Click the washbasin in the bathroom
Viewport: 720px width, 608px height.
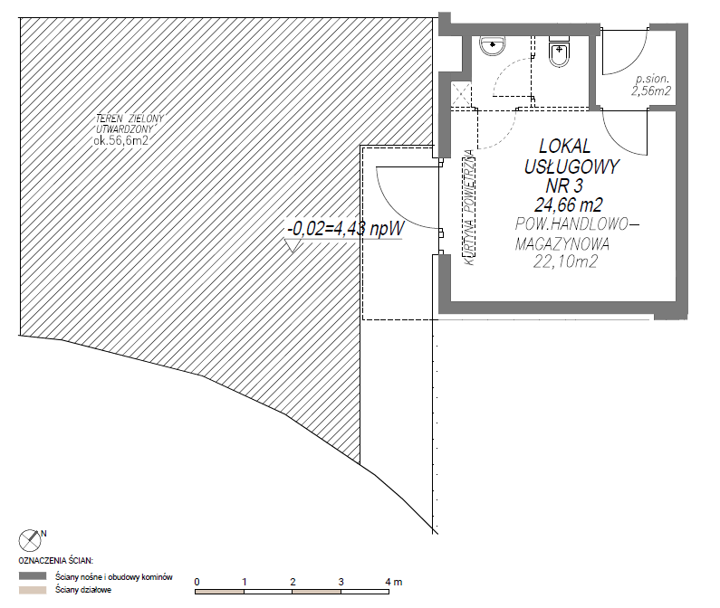pyautogui.click(x=493, y=46)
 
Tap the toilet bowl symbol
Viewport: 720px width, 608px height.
pyautogui.click(x=559, y=52)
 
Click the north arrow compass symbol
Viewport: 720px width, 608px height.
pyautogui.click(x=30, y=540)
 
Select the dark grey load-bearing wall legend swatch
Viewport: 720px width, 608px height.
pyautogui.click(x=33, y=575)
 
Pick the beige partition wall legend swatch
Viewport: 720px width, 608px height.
pyautogui.click(x=33, y=590)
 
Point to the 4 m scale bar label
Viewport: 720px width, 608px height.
pyautogui.click(x=394, y=582)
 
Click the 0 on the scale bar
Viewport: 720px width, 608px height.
pyautogui.click(x=197, y=582)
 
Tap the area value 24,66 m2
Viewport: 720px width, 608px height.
pyautogui.click(x=569, y=204)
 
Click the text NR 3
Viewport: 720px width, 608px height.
pyautogui.click(x=564, y=185)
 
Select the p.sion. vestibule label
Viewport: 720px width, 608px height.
pyautogui.click(x=652, y=79)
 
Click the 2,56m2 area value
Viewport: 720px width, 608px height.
pyautogui.click(x=651, y=90)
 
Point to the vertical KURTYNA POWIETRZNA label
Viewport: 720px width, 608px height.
pyautogui.click(x=469, y=207)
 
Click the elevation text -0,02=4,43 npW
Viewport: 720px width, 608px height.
pyautogui.click(x=345, y=228)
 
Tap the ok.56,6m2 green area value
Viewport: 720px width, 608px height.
pyautogui.click(x=121, y=140)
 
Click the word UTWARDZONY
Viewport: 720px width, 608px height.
pyautogui.click(x=124, y=129)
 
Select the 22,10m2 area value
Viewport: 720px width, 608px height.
pyautogui.click(x=565, y=261)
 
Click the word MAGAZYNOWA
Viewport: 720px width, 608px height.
pyautogui.click(x=562, y=243)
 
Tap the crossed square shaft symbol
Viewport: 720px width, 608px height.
pyautogui.click(x=461, y=94)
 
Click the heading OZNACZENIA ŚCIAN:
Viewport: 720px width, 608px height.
pyautogui.click(x=55, y=561)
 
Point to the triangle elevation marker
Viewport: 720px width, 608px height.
pyautogui.click(x=292, y=245)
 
